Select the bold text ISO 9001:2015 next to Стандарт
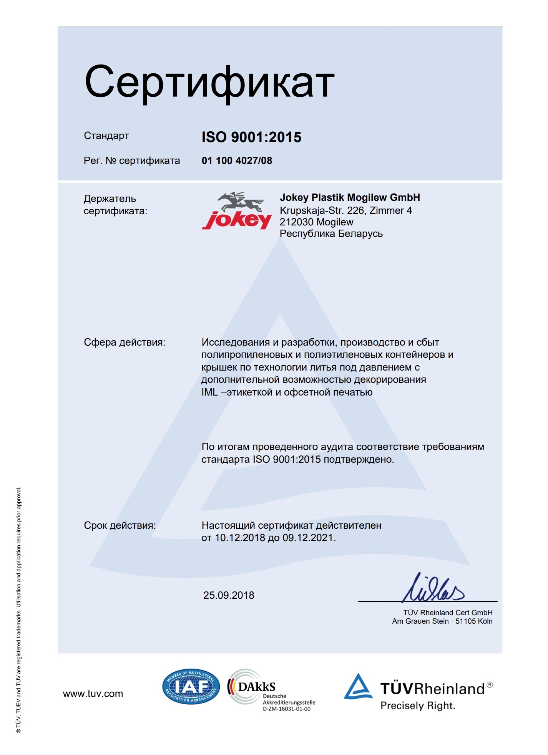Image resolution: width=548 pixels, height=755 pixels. coord(251,137)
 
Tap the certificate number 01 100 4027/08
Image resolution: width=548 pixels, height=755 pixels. coord(237,161)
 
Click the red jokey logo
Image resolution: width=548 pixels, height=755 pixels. coord(237,212)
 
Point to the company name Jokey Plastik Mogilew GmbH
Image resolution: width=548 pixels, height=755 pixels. coord(350,197)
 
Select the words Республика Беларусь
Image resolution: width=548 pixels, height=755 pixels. coord(331,233)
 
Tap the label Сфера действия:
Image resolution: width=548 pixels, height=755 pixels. coord(125,342)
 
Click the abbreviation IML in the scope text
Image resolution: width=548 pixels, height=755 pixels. coord(209,392)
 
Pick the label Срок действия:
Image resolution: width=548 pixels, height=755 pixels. coord(120,525)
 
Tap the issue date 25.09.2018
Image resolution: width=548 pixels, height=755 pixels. coord(229,595)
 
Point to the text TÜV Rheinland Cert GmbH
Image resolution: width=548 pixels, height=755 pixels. coord(448,613)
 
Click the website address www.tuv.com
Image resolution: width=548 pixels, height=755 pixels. coord(93,694)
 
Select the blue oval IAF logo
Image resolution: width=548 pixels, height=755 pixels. coord(191,687)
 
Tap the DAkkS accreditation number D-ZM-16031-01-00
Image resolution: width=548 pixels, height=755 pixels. coord(287,709)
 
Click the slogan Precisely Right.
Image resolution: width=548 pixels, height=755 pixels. coord(418,705)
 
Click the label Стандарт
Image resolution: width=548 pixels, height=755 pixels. coord(106,136)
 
